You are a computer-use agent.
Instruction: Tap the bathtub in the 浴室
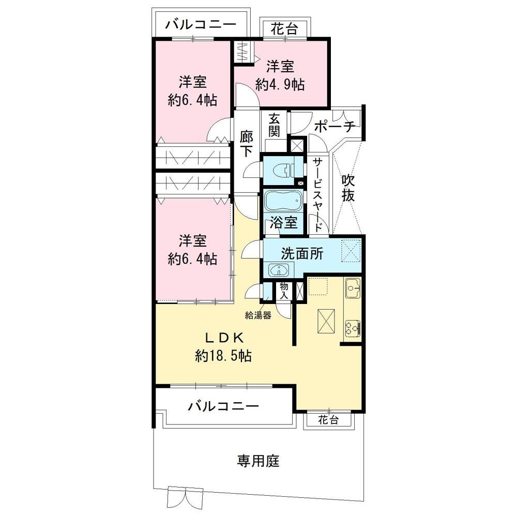tap(283, 200)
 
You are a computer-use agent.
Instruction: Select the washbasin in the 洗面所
tap(279, 270)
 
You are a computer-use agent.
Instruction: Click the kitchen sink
tap(353, 288)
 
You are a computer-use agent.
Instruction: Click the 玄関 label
tap(274, 125)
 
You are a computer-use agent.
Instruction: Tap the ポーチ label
tap(334, 126)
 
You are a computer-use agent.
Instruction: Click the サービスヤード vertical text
tap(317, 194)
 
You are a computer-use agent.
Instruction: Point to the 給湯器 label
tap(258, 315)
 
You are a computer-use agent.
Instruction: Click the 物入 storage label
tap(283, 291)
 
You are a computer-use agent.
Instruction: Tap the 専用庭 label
tap(258, 461)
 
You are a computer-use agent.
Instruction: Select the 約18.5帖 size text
tap(223, 356)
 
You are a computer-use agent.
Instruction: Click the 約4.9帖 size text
tap(280, 85)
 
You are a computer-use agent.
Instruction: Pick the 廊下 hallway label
tap(246, 144)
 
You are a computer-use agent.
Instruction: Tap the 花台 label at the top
tap(284, 29)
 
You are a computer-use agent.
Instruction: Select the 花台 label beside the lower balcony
tap(328, 420)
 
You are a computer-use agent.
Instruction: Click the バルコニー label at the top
tap(201, 24)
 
